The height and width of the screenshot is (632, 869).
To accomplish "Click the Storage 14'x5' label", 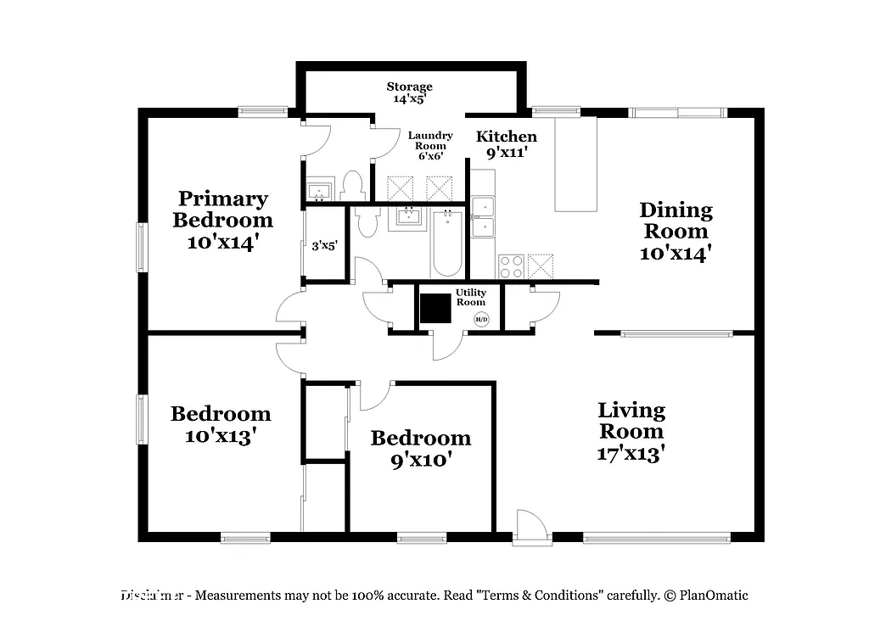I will point(410,92).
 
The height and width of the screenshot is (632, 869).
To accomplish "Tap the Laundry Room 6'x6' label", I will point(430,145).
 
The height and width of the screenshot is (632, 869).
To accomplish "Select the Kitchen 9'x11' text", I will point(507,145).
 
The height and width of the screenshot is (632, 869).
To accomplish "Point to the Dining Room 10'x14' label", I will point(676,231).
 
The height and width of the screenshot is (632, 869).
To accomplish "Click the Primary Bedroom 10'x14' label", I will point(223,220).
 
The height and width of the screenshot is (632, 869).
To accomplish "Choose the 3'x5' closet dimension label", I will point(325,245).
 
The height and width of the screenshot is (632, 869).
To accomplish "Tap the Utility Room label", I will point(471,297).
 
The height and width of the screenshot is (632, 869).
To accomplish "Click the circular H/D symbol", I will point(481,319).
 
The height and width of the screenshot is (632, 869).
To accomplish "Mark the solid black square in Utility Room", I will point(435,309).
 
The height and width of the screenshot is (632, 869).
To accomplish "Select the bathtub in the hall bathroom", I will point(446,243).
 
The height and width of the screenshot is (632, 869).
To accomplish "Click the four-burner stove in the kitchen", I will point(511,266).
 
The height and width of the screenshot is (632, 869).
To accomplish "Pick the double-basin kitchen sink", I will point(483,217).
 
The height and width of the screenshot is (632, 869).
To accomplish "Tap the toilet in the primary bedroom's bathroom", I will point(352,185).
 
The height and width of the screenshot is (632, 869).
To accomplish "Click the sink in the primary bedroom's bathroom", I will point(320,189).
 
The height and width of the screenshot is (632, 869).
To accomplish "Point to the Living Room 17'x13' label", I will point(631,431).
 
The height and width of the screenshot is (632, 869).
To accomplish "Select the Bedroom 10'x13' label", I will point(221,424).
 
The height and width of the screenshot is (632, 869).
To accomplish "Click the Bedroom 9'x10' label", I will point(421,449).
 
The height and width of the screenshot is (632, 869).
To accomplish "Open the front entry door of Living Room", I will point(532,528).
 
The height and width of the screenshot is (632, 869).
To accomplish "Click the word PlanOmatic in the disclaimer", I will point(712,596).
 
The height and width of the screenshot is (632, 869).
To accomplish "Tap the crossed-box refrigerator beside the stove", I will point(541,266).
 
